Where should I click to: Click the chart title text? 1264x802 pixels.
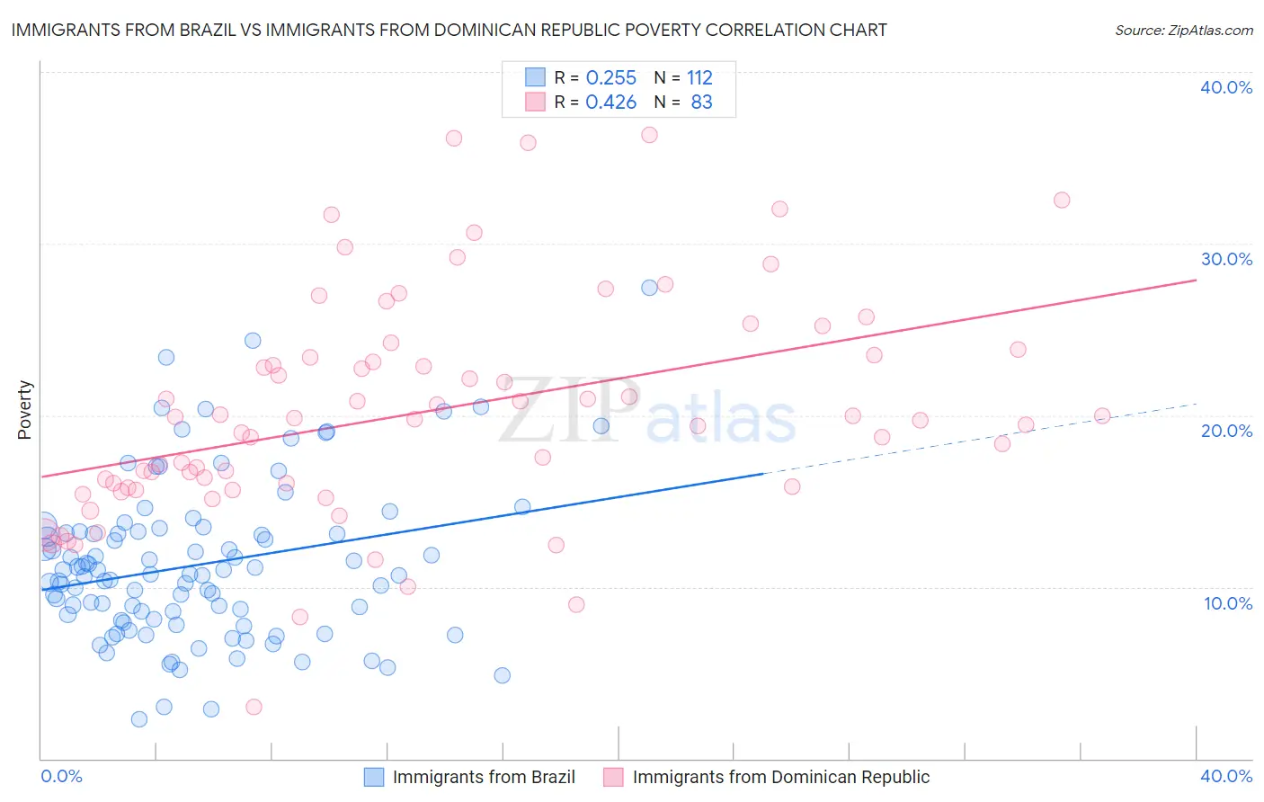pyautogui.click(x=449, y=30)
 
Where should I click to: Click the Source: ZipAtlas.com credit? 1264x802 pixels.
pyautogui.click(x=1183, y=30)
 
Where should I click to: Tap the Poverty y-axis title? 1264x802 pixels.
pyautogui.click(x=24, y=410)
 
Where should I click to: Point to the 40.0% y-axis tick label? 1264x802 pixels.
pyautogui.click(x=1226, y=87)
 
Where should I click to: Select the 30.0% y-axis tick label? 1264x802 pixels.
pyautogui.click(x=1226, y=259)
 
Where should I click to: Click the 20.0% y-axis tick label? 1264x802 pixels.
pyautogui.click(x=1226, y=431)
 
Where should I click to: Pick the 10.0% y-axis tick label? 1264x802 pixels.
pyautogui.click(x=1228, y=603)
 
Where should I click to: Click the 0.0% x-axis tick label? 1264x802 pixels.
pyautogui.click(x=61, y=776)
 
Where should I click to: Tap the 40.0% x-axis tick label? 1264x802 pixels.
pyautogui.click(x=1226, y=776)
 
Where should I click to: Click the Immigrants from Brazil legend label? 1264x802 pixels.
pyautogui.click(x=484, y=777)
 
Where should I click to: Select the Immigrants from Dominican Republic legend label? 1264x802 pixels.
pyautogui.click(x=780, y=777)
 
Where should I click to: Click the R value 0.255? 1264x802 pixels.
pyautogui.click(x=610, y=77)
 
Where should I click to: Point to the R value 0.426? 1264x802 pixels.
pyautogui.click(x=610, y=102)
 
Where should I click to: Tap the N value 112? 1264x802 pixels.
pyautogui.click(x=699, y=77)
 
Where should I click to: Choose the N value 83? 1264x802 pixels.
pyautogui.click(x=701, y=102)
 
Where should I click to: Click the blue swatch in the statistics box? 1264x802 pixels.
pyautogui.click(x=535, y=76)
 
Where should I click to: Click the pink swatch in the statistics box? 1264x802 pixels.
pyautogui.click(x=535, y=102)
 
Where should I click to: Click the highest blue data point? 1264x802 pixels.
pyautogui.click(x=649, y=288)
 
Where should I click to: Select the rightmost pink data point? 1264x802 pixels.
pyautogui.click(x=1102, y=415)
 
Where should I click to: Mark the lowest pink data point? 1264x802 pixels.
pyautogui.click(x=254, y=707)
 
